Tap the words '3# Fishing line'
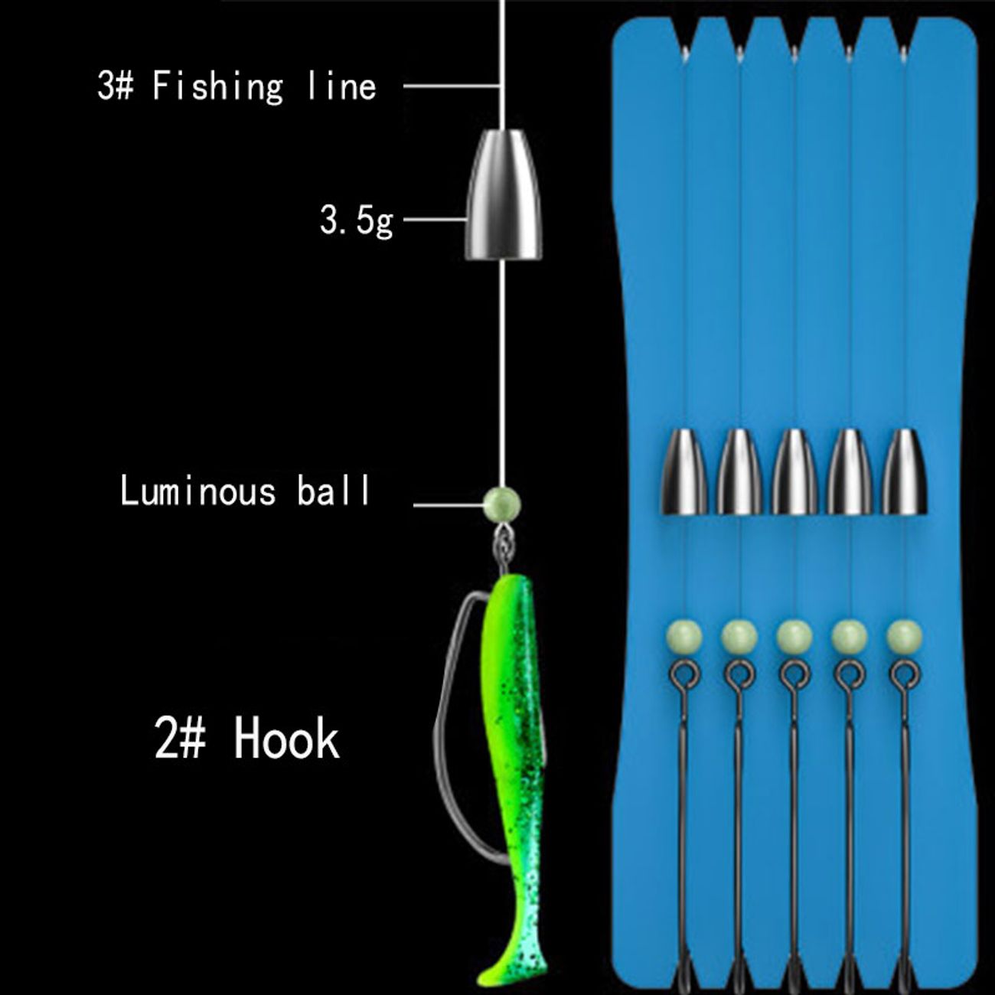[x=237, y=86]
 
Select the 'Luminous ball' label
[x=245, y=490]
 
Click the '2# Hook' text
[x=246, y=739]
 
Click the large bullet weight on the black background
[x=501, y=194]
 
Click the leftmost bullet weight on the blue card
[x=683, y=471]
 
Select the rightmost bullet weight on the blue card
[x=905, y=471]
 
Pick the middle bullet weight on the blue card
[x=794, y=471]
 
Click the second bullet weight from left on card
[x=739, y=471]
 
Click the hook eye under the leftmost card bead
[x=680, y=674]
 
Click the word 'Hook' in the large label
[x=287, y=739]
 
